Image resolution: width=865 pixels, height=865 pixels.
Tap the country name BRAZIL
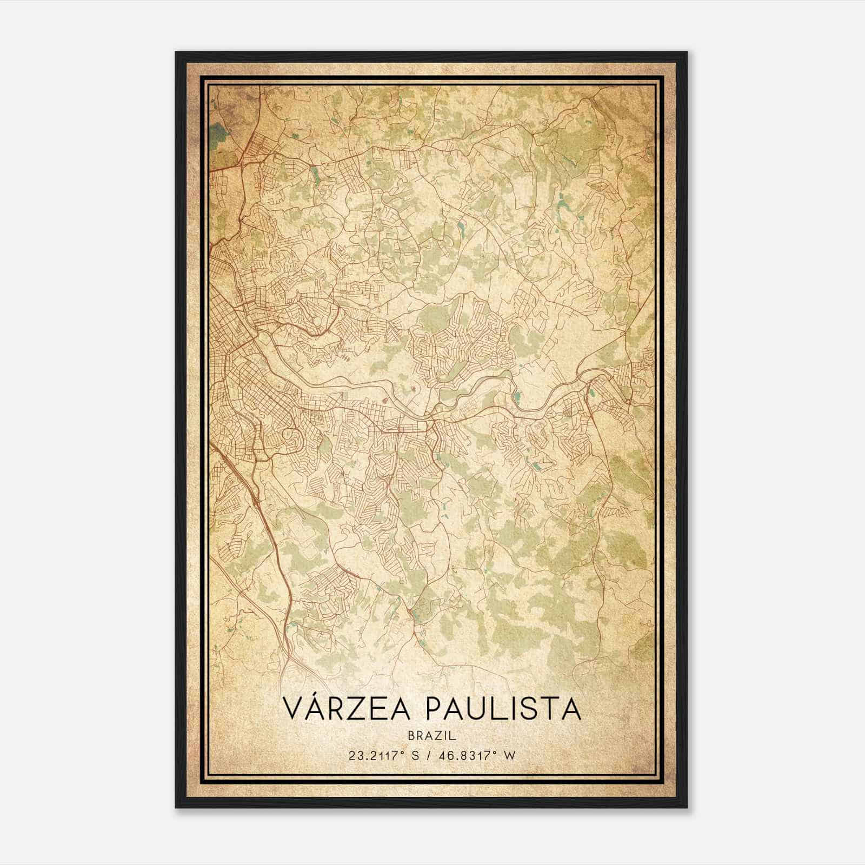click(x=432, y=735)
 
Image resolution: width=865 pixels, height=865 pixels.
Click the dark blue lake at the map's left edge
click(x=217, y=131)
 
